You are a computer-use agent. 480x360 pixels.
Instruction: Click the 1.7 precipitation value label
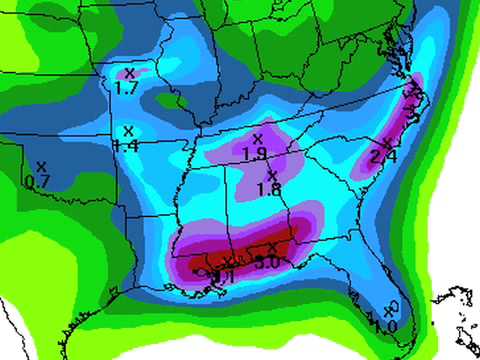coord(127,89)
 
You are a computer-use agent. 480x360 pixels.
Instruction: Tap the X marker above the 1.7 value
coord(127,74)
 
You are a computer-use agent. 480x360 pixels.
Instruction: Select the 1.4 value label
coord(127,146)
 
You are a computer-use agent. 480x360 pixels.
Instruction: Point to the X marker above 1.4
coord(127,131)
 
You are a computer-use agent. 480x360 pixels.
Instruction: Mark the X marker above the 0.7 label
coord(41,166)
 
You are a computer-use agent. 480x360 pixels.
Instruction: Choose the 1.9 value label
coord(255,154)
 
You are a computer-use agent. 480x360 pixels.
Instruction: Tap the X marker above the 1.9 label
coord(257,138)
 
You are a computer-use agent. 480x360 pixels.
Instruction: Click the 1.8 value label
coord(268,189)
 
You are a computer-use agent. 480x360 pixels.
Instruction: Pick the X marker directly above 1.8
coord(269,175)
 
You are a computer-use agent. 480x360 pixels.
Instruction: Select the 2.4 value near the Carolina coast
coord(383,157)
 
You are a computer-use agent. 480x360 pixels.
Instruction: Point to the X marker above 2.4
coord(387,142)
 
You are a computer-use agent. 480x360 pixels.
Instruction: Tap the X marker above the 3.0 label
coord(273,248)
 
